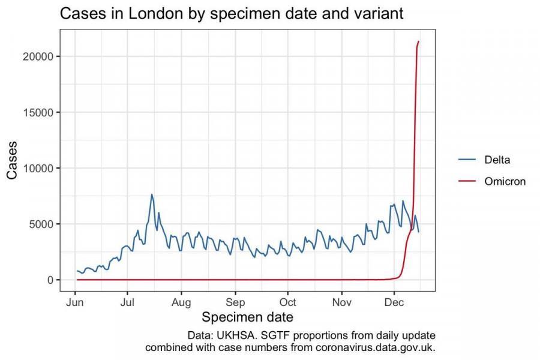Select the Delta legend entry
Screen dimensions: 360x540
[497, 159]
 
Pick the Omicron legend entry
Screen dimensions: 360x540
[505, 181]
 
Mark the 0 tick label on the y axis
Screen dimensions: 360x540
[51, 280]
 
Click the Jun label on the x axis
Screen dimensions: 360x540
[75, 302]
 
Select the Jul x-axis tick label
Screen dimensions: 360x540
[128, 302]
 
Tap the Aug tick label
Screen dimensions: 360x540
[181, 302]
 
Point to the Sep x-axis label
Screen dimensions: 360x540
[235, 302]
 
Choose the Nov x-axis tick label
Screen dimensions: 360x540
[341, 302]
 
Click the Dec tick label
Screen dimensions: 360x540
[394, 302]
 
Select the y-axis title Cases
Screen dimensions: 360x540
[13, 160]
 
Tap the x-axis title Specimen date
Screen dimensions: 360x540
[247, 317]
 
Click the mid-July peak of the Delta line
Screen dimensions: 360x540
[152, 194]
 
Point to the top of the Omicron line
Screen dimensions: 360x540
[418, 41]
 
